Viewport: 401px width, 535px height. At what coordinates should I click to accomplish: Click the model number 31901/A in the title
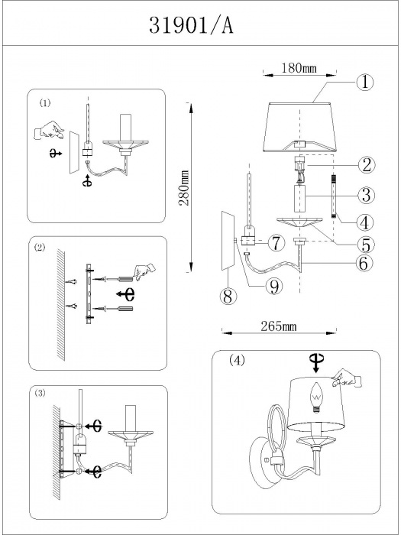[191, 25]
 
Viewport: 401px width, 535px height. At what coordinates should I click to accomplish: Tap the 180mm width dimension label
[299, 68]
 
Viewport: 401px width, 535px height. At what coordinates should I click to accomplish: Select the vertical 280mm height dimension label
[184, 188]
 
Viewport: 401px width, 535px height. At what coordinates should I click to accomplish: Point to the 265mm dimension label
[279, 326]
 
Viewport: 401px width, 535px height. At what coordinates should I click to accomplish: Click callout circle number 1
[365, 83]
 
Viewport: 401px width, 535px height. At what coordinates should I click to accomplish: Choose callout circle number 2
[366, 165]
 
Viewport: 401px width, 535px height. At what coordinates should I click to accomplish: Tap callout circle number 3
[366, 195]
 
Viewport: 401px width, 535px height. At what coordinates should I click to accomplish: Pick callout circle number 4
[365, 222]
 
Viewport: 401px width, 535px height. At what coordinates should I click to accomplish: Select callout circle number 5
[366, 245]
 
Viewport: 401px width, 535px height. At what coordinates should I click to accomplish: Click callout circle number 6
[364, 263]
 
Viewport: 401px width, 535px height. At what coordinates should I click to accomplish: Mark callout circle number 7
[276, 244]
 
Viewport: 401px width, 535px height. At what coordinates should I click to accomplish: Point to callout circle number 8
[228, 297]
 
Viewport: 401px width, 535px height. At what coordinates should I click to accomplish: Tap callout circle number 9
[274, 287]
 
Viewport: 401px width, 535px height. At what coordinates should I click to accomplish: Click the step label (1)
[44, 102]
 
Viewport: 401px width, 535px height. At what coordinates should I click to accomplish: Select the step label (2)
[40, 248]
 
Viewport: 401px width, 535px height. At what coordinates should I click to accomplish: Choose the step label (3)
[40, 393]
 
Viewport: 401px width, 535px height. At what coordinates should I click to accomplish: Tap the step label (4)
[237, 360]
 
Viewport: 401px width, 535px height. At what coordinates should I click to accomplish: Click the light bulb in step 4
[316, 397]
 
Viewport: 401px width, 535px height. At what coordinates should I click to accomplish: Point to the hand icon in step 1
[49, 131]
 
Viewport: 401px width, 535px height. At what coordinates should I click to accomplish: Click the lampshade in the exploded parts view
[299, 127]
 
